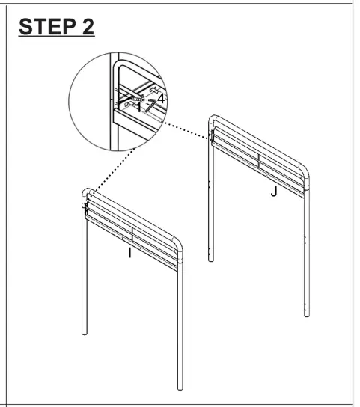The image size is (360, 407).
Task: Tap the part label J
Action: click(x=274, y=192)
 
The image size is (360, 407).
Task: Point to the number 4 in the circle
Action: click(x=161, y=97)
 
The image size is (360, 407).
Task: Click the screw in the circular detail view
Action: click(x=138, y=99)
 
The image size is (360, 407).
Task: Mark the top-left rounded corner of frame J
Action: click(x=213, y=119)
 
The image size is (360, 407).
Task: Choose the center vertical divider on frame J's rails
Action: click(x=259, y=162)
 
